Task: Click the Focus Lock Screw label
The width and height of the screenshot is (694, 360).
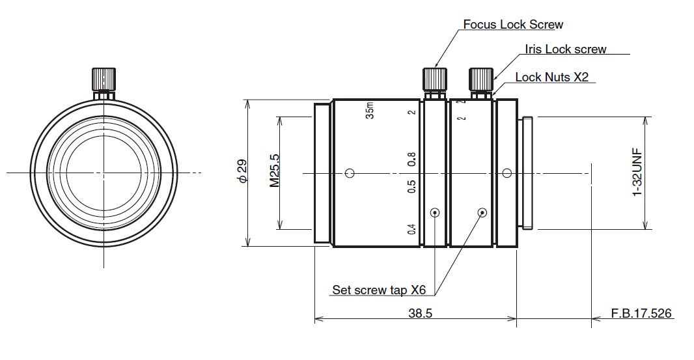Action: coord(513,25)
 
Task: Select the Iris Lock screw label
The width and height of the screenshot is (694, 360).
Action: coord(565,49)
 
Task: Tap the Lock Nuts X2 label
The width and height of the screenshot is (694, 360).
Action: coord(551,77)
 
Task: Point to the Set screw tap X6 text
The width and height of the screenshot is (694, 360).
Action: coord(379,290)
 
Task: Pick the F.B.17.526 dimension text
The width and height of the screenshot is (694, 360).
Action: coord(641,313)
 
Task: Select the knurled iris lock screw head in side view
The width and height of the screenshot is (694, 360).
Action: coord(480,79)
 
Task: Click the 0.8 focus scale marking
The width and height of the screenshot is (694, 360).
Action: coord(411,159)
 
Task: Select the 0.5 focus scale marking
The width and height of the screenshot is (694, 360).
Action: coord(411,187)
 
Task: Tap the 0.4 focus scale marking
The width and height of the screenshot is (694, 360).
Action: coord(411,229)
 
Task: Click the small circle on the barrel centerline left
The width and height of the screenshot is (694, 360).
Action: coord(350,173)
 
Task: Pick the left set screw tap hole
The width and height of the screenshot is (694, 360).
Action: coord(435,212)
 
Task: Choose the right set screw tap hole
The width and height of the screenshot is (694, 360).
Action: coord(482,212)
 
